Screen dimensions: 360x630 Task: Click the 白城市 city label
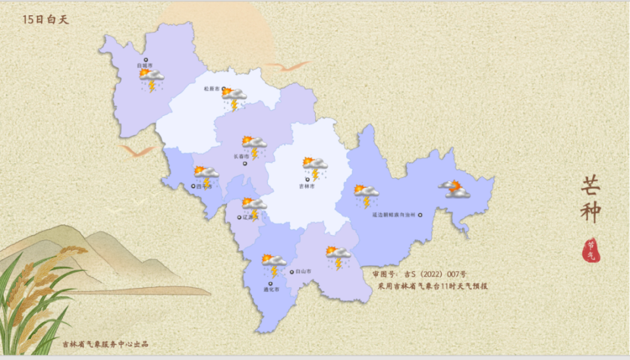point(144,66)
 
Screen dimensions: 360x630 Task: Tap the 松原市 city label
point(211,89)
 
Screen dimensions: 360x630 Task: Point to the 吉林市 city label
point(307,186)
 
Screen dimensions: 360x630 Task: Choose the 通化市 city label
point(271,290)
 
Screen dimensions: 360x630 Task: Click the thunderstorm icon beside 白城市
point(152,79)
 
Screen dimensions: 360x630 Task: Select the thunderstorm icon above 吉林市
point(315,167)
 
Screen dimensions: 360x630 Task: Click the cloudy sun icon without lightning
point(455,189)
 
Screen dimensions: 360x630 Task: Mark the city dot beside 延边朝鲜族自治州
point(421,214)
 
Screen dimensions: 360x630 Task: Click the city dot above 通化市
point(270,283)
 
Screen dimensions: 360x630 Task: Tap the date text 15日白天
point(45,20)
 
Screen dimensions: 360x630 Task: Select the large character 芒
point(590,185)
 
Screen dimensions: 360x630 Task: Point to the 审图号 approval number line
point(419,274)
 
